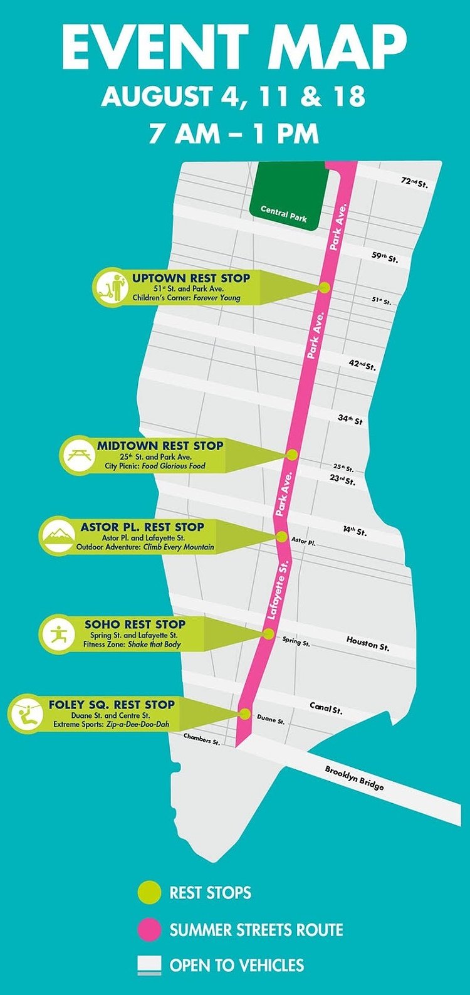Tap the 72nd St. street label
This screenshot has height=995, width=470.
[414, 183]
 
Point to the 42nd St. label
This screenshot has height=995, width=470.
[362, 364]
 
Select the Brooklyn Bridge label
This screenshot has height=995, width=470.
[354, 777]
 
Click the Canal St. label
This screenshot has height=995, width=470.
[326, 708]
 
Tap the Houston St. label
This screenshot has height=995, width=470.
[368, 642]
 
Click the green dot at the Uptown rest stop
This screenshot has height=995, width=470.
[325, 287]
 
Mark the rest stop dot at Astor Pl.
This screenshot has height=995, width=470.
[282, 537]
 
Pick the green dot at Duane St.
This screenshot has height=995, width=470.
[245, 713]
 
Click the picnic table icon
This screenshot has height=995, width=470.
[78, 455]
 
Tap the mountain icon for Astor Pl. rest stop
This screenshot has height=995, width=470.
[57, 537]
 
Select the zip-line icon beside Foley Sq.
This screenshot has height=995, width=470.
[26, 713]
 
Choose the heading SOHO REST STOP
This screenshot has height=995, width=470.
[135, 624]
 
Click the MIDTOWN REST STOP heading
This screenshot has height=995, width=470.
[160, 446]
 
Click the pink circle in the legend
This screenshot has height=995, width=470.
[149, 929]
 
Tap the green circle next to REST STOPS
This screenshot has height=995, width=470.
[149, 892]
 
